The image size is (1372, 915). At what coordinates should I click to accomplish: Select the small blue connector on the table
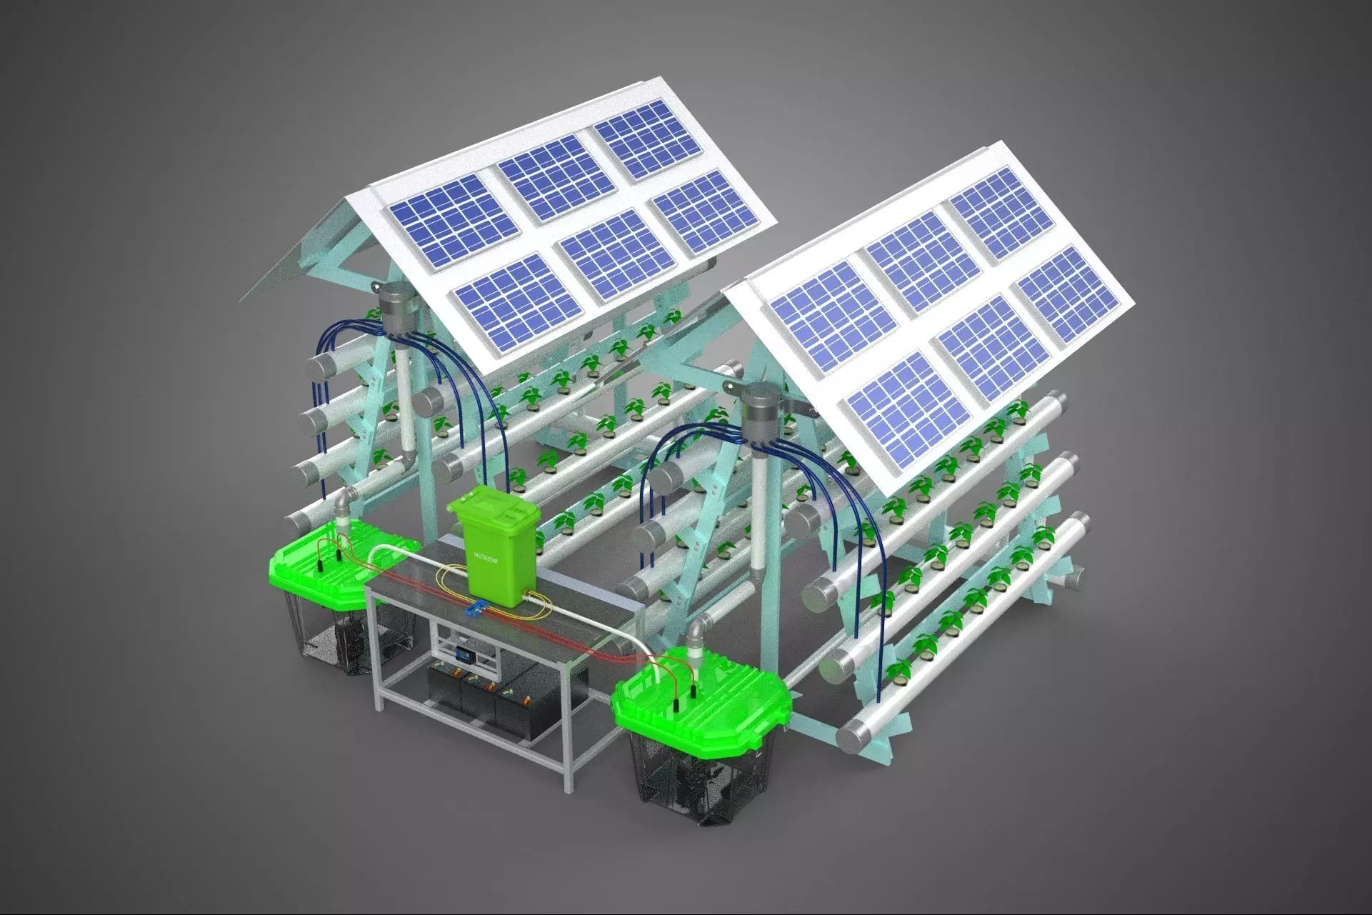pyautogui.click(x=475, y=609)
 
